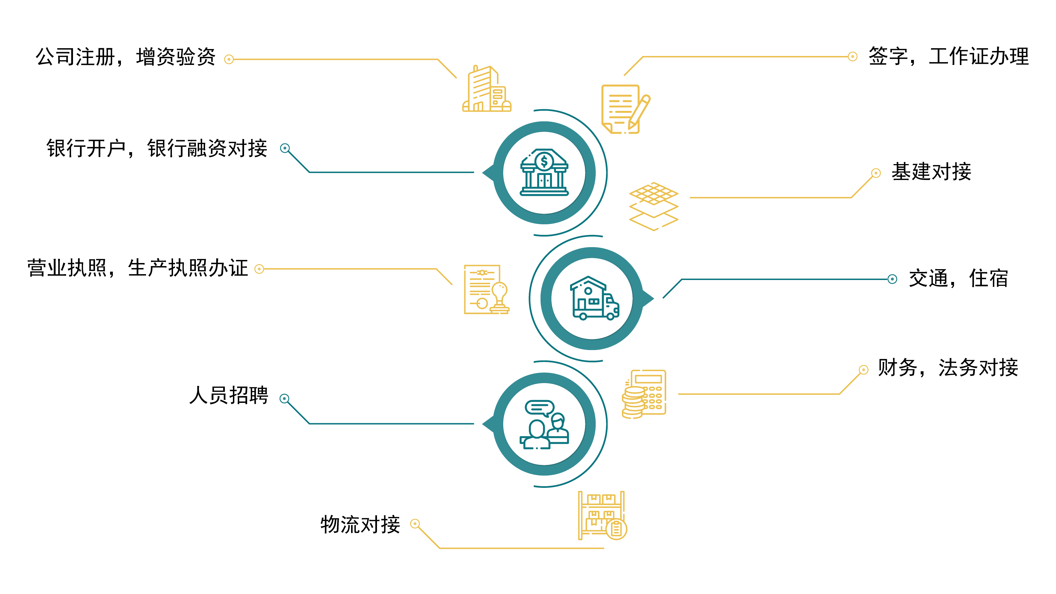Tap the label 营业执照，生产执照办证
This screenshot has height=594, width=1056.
point(138,268)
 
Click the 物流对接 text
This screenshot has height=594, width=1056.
point(360,525)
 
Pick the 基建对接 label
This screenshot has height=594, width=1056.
point(931,171)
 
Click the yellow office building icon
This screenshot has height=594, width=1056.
point(486,89)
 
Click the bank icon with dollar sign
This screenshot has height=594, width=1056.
point(544,172)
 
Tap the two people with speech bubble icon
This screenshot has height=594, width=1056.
point(544,425)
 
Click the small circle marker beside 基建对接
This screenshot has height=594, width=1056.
point(876,173)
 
